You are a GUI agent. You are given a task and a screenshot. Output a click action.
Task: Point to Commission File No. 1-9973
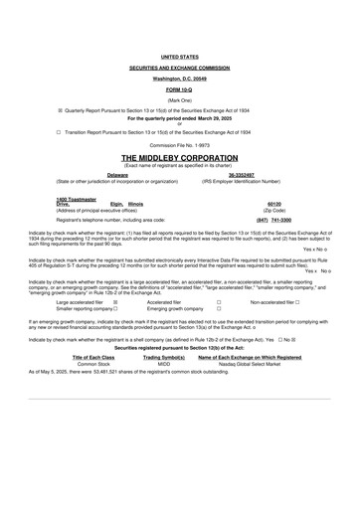click(179, 145)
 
